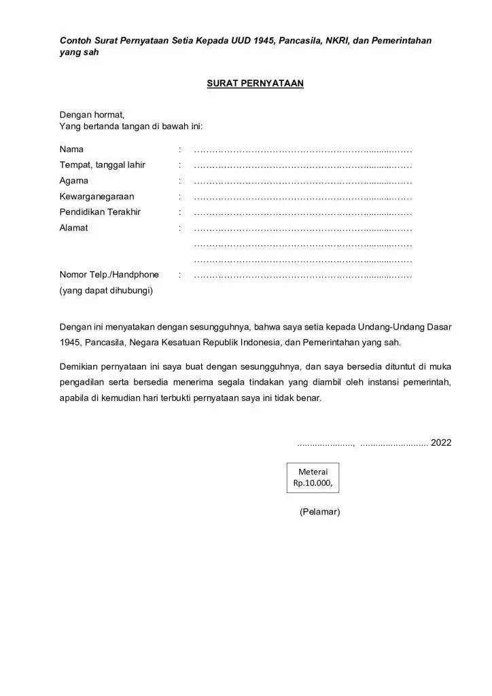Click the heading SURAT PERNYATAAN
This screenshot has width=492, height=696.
coord(255,83)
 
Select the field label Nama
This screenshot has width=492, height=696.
coord(71,149)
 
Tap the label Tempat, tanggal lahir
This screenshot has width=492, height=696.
coord(103,164)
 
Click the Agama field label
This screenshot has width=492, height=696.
coord(73,181)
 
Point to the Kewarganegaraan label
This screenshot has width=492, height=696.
coord(96,196)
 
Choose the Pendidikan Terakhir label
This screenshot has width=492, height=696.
coord(100,212)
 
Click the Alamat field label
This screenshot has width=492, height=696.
coord(73,228)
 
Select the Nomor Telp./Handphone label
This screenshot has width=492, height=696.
coord(109,275)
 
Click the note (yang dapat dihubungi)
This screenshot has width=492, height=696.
coord(106,291)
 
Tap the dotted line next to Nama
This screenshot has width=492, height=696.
coord(303,149)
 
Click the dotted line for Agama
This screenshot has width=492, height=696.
coord(303,181)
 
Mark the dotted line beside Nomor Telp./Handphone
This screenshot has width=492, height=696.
coord(303,275)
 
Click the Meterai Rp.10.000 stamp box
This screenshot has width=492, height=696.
coord(313,477)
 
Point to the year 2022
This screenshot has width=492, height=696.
coord(441,442)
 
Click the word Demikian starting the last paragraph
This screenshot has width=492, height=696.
coord(80,367)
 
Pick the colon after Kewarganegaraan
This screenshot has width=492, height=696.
coord(179,196)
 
